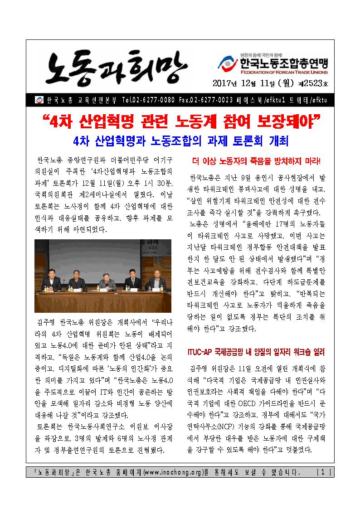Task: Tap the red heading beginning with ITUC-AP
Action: click(256, 352)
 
